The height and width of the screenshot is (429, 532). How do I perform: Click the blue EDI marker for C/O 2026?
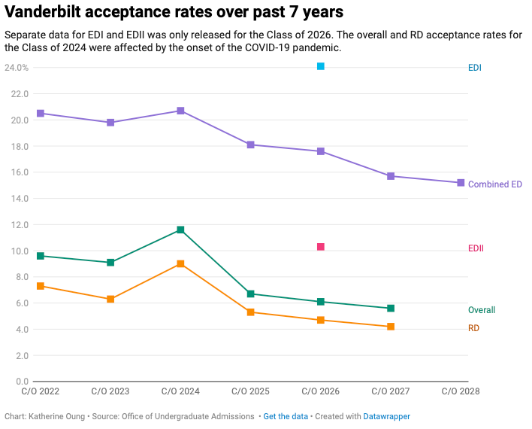pos(321,66)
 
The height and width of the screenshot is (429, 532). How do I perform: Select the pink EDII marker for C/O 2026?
pos(321,247)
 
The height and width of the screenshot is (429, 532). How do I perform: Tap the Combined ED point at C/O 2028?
pos(461,183)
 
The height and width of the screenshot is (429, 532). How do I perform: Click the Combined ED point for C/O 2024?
pos(180,111)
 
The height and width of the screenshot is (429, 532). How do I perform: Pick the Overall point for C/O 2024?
pos(180,230)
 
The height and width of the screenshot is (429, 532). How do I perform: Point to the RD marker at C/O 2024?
pos(180,263)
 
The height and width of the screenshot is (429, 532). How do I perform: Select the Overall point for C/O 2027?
pos(391,308)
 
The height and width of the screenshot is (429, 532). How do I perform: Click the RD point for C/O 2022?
pos(41,286)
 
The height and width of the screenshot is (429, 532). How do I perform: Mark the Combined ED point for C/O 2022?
pos(41,113)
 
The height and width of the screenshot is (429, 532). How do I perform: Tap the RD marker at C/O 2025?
pos(250,312)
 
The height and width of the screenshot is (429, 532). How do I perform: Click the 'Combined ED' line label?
pos(494,184)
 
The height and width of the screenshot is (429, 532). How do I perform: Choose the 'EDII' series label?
pos(476,248)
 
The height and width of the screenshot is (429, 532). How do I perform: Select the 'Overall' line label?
pos(482,310)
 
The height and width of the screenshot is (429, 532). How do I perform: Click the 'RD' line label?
pos(473,328)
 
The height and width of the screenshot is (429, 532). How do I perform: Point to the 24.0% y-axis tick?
pos(17,68)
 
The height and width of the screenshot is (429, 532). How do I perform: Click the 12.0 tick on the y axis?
pos(20,225)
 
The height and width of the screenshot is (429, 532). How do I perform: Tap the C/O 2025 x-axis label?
pos(250,391)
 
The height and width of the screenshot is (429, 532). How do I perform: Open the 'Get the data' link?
pos(286,416)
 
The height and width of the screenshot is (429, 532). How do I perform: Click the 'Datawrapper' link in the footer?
pos(387,416)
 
